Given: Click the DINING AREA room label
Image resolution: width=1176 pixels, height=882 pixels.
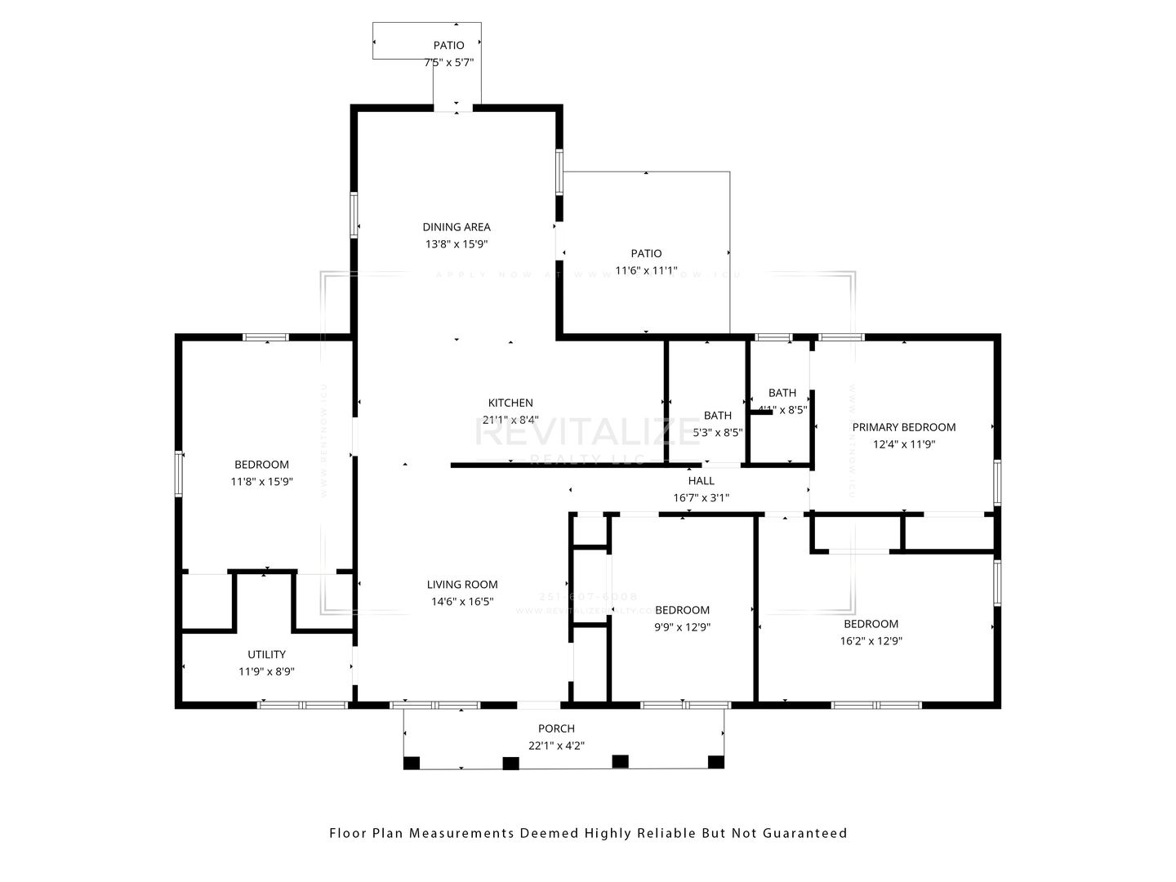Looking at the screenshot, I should pos(457,227).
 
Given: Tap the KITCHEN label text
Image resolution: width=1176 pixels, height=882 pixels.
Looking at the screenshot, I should pos(510,403).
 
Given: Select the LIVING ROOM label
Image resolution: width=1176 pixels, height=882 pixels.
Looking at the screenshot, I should pos(462,585).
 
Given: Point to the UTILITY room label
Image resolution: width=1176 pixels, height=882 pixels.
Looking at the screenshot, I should pos(267,654).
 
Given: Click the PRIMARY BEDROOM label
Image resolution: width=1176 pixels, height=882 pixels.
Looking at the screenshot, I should pos(904,427).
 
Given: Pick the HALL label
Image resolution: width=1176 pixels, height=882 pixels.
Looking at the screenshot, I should pos(701,481).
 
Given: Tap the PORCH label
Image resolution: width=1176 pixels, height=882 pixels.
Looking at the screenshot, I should pos(556,728).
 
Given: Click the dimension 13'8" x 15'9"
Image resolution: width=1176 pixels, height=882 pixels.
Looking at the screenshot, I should pos(457,244).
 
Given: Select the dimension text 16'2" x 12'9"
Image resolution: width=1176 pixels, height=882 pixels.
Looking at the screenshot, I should pos(871,641).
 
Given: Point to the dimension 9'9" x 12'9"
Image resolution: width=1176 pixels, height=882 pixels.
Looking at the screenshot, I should pos(682,627).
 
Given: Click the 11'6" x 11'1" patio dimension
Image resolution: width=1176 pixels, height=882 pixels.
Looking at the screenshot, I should pos(646,270).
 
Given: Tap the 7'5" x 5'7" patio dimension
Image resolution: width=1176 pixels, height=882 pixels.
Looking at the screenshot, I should pos(449,62).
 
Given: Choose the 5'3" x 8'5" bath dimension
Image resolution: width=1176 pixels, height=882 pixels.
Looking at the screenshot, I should pos(718,433).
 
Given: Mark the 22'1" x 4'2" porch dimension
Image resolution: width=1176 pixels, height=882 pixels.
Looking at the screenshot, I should pos(556,746).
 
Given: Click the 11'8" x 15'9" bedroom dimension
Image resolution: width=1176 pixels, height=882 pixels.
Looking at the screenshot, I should pos(261,482).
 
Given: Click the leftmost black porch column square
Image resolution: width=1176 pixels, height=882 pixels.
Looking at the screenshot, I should pos(412,763).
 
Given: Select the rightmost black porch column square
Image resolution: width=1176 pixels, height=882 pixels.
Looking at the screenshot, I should pos(716,762).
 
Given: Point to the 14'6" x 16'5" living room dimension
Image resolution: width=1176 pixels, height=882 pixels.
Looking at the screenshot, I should pos(462,602).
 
